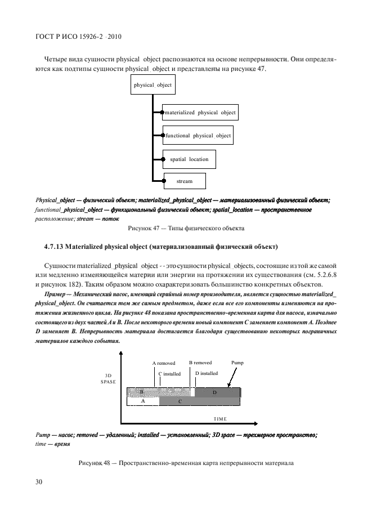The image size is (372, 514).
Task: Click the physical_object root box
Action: (x=153, y=86)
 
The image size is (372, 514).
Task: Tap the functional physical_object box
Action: (x=198, y=136)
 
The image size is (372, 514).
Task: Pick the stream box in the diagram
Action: (x=184, y=181)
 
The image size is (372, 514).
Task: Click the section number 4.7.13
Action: (x=57, y=247)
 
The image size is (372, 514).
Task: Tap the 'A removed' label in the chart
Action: (x=164, y=363)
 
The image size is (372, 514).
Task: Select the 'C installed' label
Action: (x=169, y=373)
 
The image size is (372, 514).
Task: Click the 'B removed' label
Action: (x=200, y=363)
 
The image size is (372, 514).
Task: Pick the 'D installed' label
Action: (x=206, y=373)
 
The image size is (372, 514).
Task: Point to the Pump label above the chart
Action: (x=237, y=363)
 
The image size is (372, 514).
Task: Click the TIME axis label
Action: (x=220, y=419)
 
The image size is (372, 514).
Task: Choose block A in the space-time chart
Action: (x=142, y=401)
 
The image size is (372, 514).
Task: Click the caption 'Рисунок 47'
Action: (x=131, y=228)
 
